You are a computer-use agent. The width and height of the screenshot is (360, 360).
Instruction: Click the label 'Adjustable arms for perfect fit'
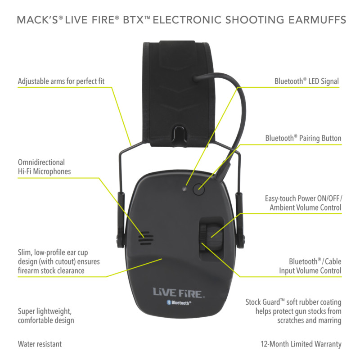click(x=64, y=82)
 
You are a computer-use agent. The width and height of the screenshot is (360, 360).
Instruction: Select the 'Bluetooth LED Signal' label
click(x=306, y=81)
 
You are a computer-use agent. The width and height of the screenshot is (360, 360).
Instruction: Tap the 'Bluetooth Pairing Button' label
click(x=303, y=138)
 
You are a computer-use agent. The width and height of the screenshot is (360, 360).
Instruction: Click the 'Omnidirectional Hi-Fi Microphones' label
click(x=44, y=166)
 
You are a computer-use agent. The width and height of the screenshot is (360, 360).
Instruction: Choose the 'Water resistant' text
click(x=40, y=344)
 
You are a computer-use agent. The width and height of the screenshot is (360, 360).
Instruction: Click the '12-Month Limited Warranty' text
click(x=301, y=344)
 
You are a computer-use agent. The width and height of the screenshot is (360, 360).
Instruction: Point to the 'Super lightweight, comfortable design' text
click(x=45, y=316)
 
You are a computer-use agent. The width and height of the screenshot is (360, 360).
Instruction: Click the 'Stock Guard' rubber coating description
click(x=293, y=311)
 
